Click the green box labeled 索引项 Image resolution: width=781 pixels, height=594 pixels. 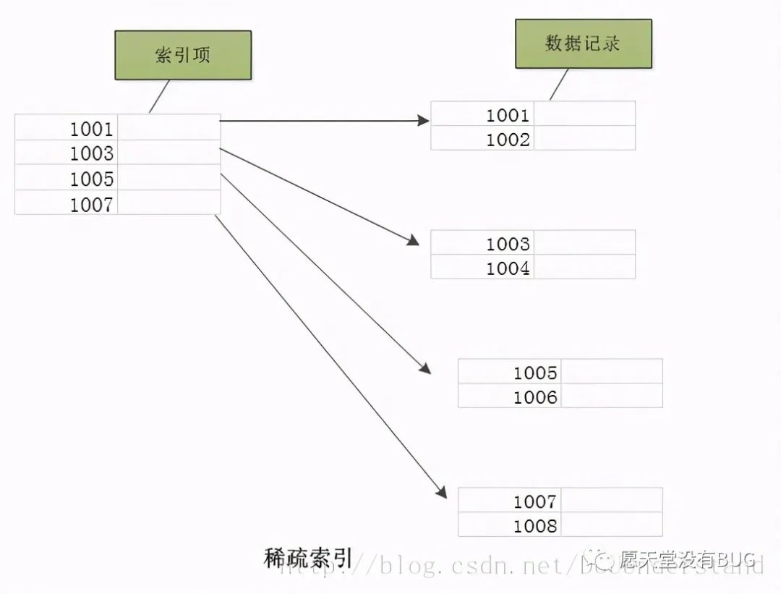click(x=183, y=55)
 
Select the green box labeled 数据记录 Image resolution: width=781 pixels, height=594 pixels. click(x=583, y=43)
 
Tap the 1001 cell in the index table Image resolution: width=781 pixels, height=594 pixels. click(x=67, y=128)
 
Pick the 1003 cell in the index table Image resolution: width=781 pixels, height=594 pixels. click(x=67, y=153)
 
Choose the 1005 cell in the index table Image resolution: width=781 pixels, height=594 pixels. click(x=67, y=178)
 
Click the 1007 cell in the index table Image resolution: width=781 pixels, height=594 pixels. click(x=67, y=203)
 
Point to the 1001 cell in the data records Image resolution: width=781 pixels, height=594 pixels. click(x=483, y=114)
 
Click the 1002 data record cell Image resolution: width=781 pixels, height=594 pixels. click(x=483, y=139)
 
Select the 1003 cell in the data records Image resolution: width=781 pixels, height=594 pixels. click(x=483, y=243)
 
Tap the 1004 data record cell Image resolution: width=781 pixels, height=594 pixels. click(x=483, y=268)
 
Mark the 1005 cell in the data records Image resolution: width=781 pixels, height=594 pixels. click(x=511, y=372)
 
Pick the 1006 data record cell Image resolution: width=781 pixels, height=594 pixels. click(x=511, y=396)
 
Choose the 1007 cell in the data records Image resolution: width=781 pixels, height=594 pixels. click(x=511, y=501)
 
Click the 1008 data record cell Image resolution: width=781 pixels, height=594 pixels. click(x=511, y=525)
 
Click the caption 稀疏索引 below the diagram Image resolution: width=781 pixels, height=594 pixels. click(x=309, y=558)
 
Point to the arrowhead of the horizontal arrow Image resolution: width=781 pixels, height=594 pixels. click(x=424, y=120)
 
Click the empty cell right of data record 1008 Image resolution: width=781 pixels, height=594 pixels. click(x=612, y=525)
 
